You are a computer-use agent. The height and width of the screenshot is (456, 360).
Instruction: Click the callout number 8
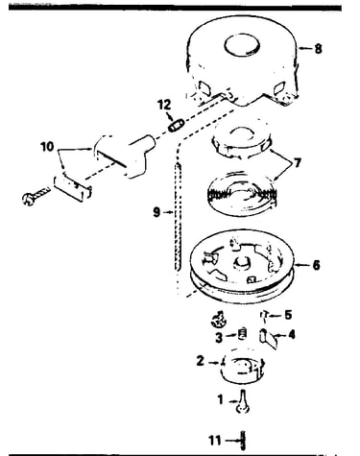tap(318, 49)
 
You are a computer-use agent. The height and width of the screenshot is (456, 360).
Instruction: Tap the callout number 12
tap(164, 105)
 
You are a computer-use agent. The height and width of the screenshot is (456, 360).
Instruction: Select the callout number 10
tap(47, 147)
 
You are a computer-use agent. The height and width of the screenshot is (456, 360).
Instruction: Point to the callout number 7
tap(298, 163)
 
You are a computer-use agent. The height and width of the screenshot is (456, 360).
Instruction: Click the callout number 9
tap(156, 212)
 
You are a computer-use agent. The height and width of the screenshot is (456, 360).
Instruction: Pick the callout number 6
tap(316, 265)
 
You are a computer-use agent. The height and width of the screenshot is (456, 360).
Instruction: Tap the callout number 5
tap(288, 315)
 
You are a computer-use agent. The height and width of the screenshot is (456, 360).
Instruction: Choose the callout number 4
tap(292, 335)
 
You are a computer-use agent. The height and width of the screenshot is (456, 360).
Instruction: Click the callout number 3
tap(219, 337)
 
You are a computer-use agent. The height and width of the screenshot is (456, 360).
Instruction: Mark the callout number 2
tap(200, 361)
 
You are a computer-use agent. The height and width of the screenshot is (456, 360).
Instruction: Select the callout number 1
tap(221, 399)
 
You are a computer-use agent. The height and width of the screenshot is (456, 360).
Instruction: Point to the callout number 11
tap(215, 441)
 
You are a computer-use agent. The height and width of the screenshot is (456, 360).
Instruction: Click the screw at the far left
tap(36, 196)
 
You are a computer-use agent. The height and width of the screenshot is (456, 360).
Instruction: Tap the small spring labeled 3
tap(243, 334)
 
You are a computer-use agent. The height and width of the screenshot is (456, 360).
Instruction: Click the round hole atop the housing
tap(242, 44)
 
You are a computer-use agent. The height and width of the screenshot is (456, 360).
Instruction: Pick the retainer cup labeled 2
tap(243, 369)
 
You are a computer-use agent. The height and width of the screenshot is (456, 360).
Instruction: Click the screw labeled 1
tap(243, 402)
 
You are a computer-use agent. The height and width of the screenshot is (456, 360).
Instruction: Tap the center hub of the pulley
tap(241, 263)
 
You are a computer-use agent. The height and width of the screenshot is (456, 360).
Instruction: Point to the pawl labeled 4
tap(268, 340)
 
